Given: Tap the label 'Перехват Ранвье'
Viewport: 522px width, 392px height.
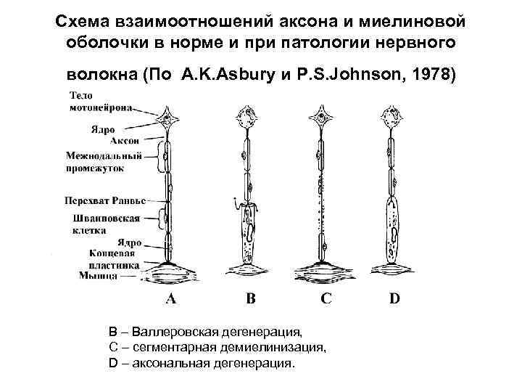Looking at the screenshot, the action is tap(105, 199).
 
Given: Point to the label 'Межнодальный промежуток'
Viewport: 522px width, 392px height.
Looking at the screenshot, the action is tap(94, 161).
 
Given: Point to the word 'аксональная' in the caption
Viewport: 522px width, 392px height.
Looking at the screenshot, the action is tap(168, 362).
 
